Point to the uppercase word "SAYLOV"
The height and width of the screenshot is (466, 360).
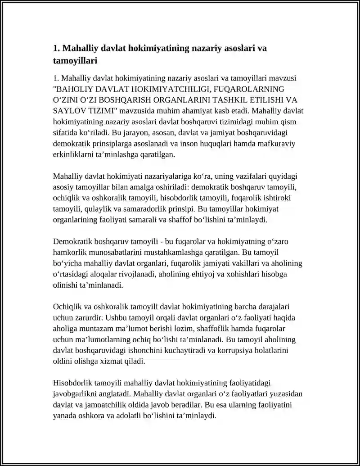pyautogui.click(x=67, y=111)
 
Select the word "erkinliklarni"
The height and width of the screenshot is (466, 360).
pyautogui.click(x=74, y=154)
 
